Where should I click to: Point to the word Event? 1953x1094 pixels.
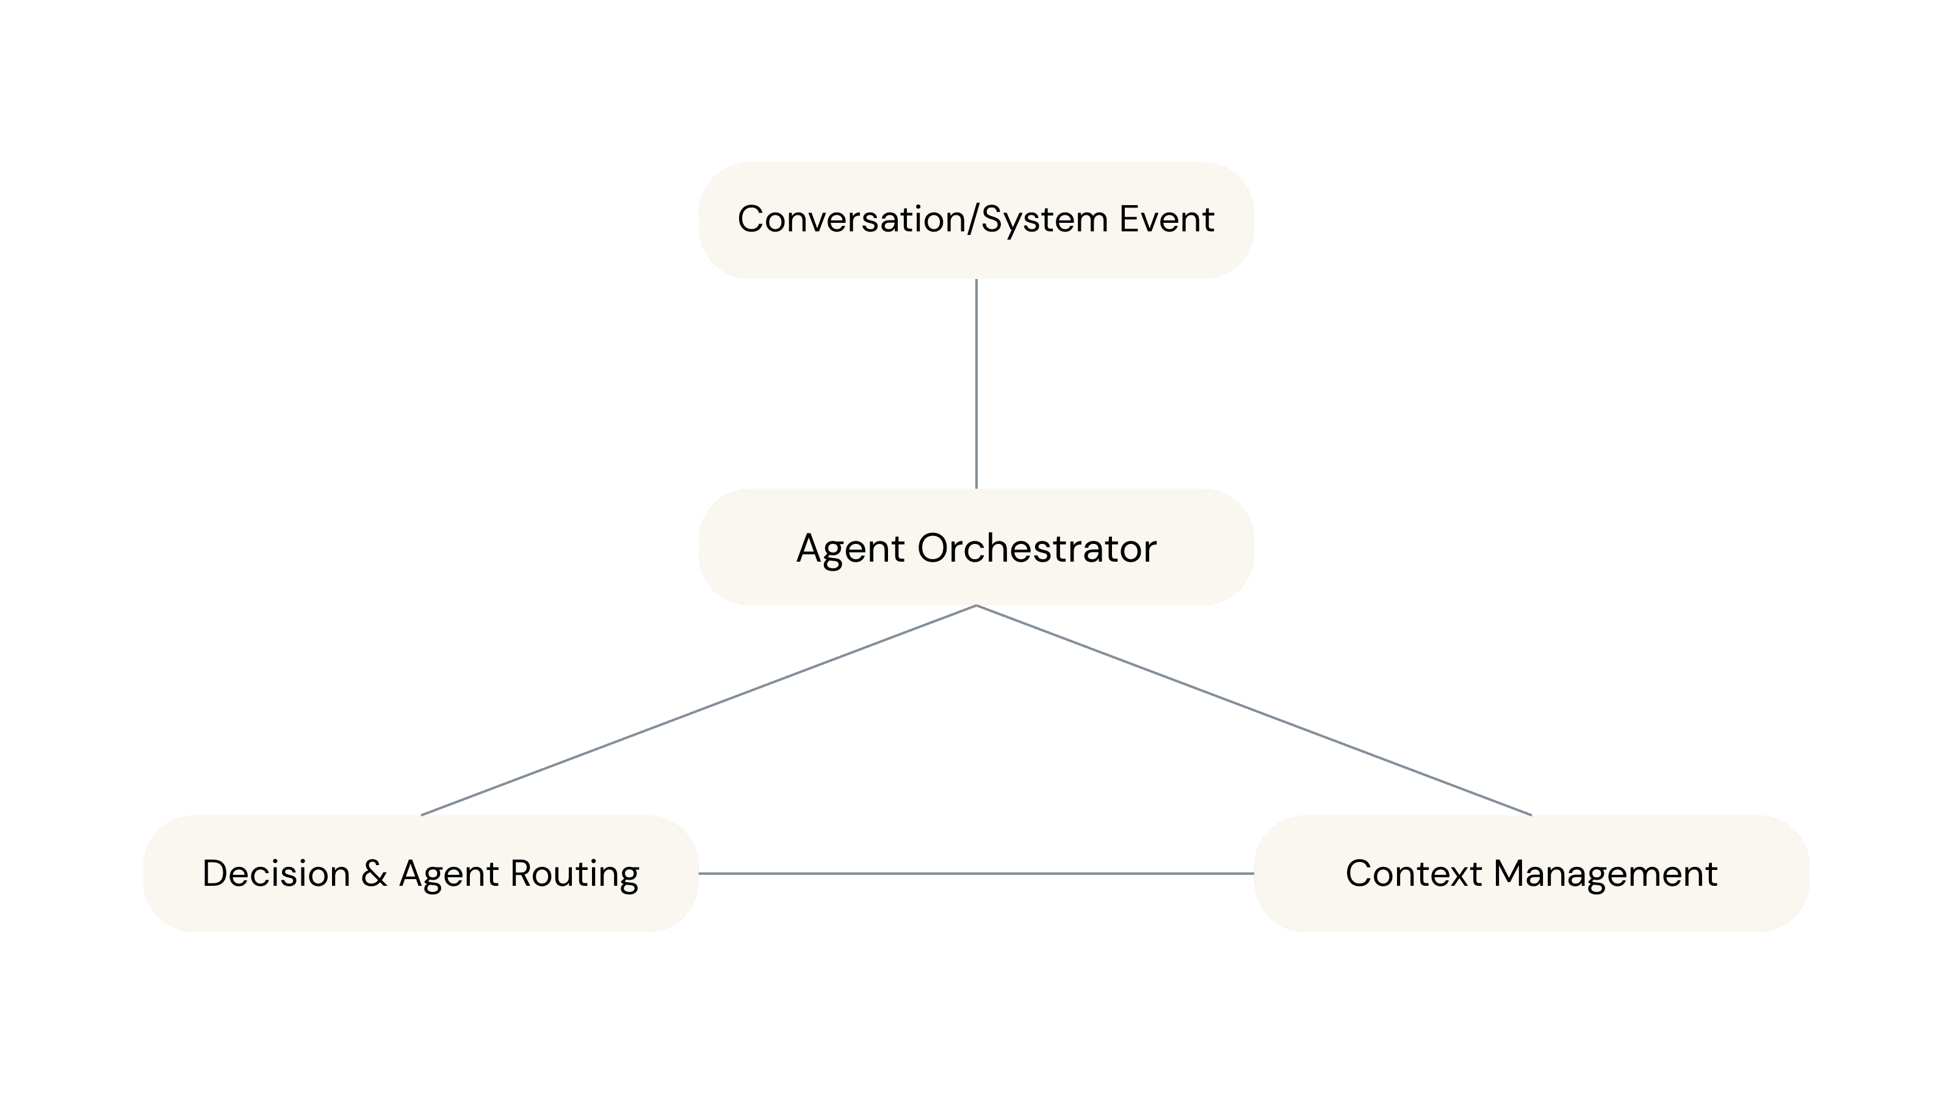coord(1167,219)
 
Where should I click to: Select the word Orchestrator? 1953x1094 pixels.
coord(1036,548)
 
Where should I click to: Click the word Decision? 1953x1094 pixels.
coord(276,874)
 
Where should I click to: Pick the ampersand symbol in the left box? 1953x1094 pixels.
coord(374,874)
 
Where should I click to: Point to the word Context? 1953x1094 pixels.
coord(1413,874)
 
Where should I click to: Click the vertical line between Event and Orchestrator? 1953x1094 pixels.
coord(976,383)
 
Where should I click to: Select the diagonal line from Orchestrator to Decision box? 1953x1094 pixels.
coord(698,711)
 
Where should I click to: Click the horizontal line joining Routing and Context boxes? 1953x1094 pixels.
coord(976,874)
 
